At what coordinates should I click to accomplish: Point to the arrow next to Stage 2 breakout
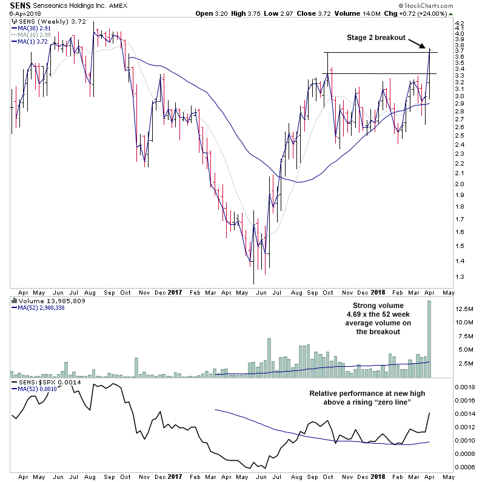pos(419,44)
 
